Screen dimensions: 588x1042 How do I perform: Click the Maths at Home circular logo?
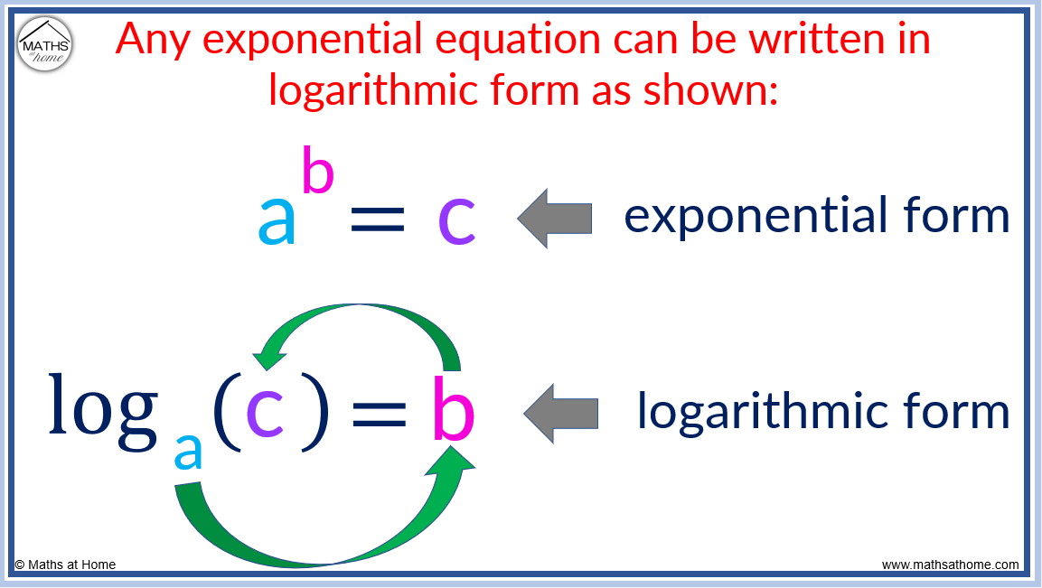pyautogui.click(x=45, y=44)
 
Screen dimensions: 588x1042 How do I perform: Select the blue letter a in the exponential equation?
pyautogui.click(x=277, y=221)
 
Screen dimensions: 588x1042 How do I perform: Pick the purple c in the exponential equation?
pyautogui.click(x=456, y=221)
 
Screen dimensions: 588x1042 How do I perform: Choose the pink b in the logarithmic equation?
pyautogui.click(x=453, y=408)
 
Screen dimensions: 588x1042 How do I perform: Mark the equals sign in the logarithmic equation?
pyautogui.click(x=378, y=415)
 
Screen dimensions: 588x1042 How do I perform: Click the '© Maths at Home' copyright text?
pyautogui.click(x=65, y=565)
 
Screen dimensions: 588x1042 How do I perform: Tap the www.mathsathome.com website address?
pyautogui.click(x=950, y=565)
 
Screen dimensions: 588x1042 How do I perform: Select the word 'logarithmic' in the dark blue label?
pyautogui.click(x=756, y=412)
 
